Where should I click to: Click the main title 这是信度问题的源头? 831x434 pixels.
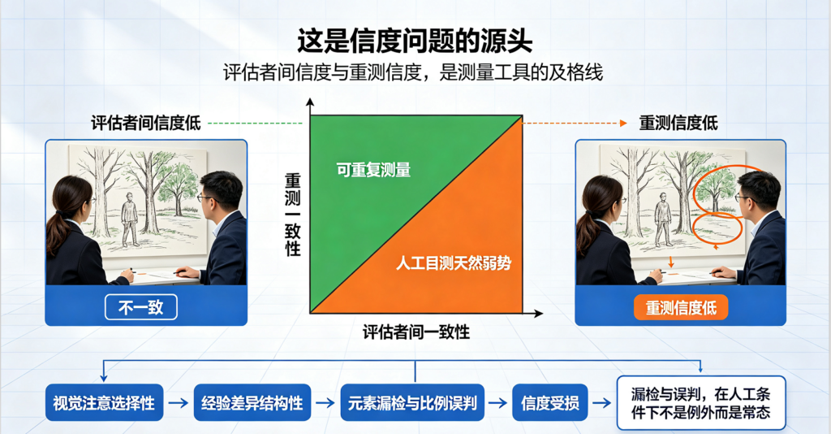point(415,41)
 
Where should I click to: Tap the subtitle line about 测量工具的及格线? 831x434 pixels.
point(413,72)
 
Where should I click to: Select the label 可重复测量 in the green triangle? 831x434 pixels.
point(373,170)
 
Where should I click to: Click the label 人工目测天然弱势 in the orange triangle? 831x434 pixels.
point(454,263)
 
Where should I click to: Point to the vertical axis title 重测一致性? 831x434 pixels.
point(292,215)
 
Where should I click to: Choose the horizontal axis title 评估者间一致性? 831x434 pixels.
point(416,332)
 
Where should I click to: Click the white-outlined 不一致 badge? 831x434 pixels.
point(141,307)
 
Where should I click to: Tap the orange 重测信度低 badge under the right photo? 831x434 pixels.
point(681,308)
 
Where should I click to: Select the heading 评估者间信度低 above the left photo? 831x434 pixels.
point(146,123)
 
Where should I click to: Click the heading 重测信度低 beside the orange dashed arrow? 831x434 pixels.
point(678,123)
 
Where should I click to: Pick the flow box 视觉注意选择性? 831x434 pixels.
point(104,402)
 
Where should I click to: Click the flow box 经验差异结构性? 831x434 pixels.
point(252,402)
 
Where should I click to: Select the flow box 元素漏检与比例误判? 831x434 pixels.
point(412,402)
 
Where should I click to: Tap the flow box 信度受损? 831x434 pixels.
point(550,402)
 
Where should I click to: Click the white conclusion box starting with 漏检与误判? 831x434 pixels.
point(701,402)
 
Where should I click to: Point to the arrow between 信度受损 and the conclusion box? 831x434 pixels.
point(602,403)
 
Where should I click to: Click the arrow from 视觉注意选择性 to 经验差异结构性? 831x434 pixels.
point(178,403)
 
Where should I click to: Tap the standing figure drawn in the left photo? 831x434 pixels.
point(129,219)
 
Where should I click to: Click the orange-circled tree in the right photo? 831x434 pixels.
point(717,189)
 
